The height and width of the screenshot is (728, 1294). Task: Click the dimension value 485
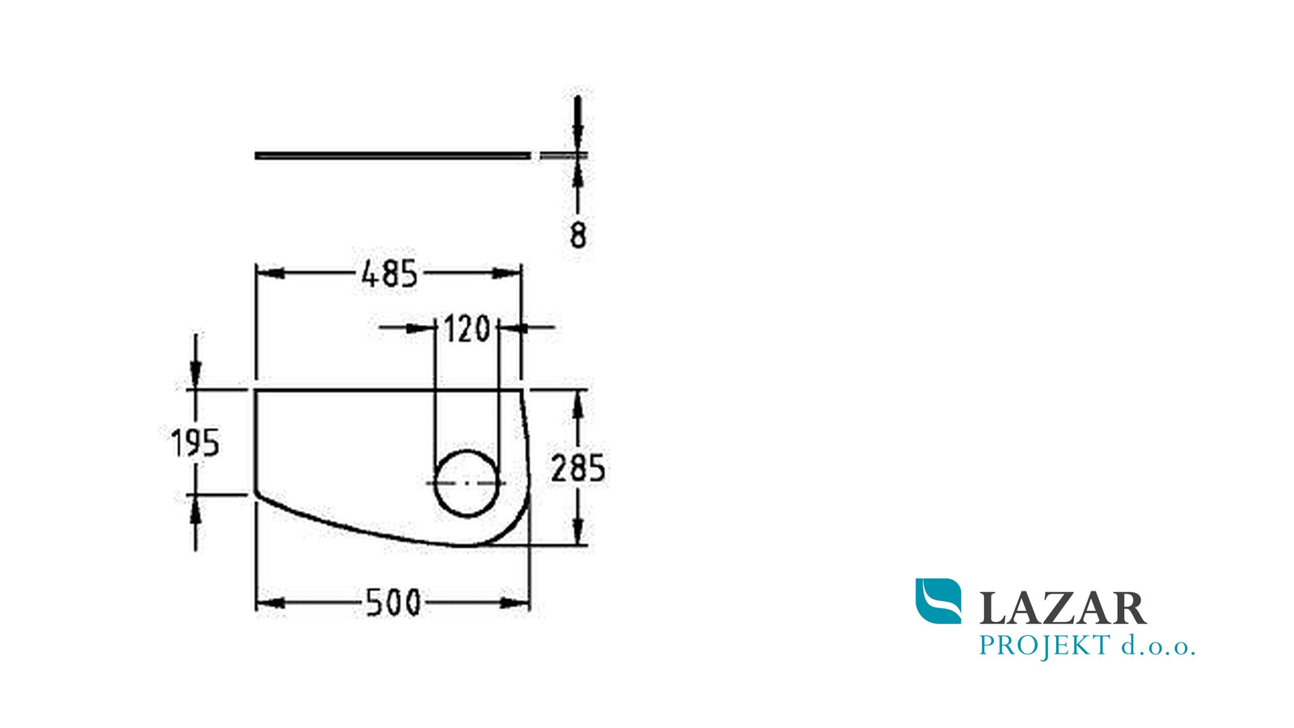tap(389, 274)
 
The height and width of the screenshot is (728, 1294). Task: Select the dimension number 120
tap(467, 328)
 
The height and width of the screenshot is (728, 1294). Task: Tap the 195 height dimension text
tap(195, 443)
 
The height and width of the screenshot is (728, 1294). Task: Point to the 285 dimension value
tap(577, 468)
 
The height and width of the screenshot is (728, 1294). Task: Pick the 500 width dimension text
tap(393, 603)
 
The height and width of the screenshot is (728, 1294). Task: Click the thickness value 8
tap(577, 235)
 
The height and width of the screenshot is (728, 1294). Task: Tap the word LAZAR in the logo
tap(1063, 607)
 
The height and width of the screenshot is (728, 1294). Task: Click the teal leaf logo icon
tap(939, 601)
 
